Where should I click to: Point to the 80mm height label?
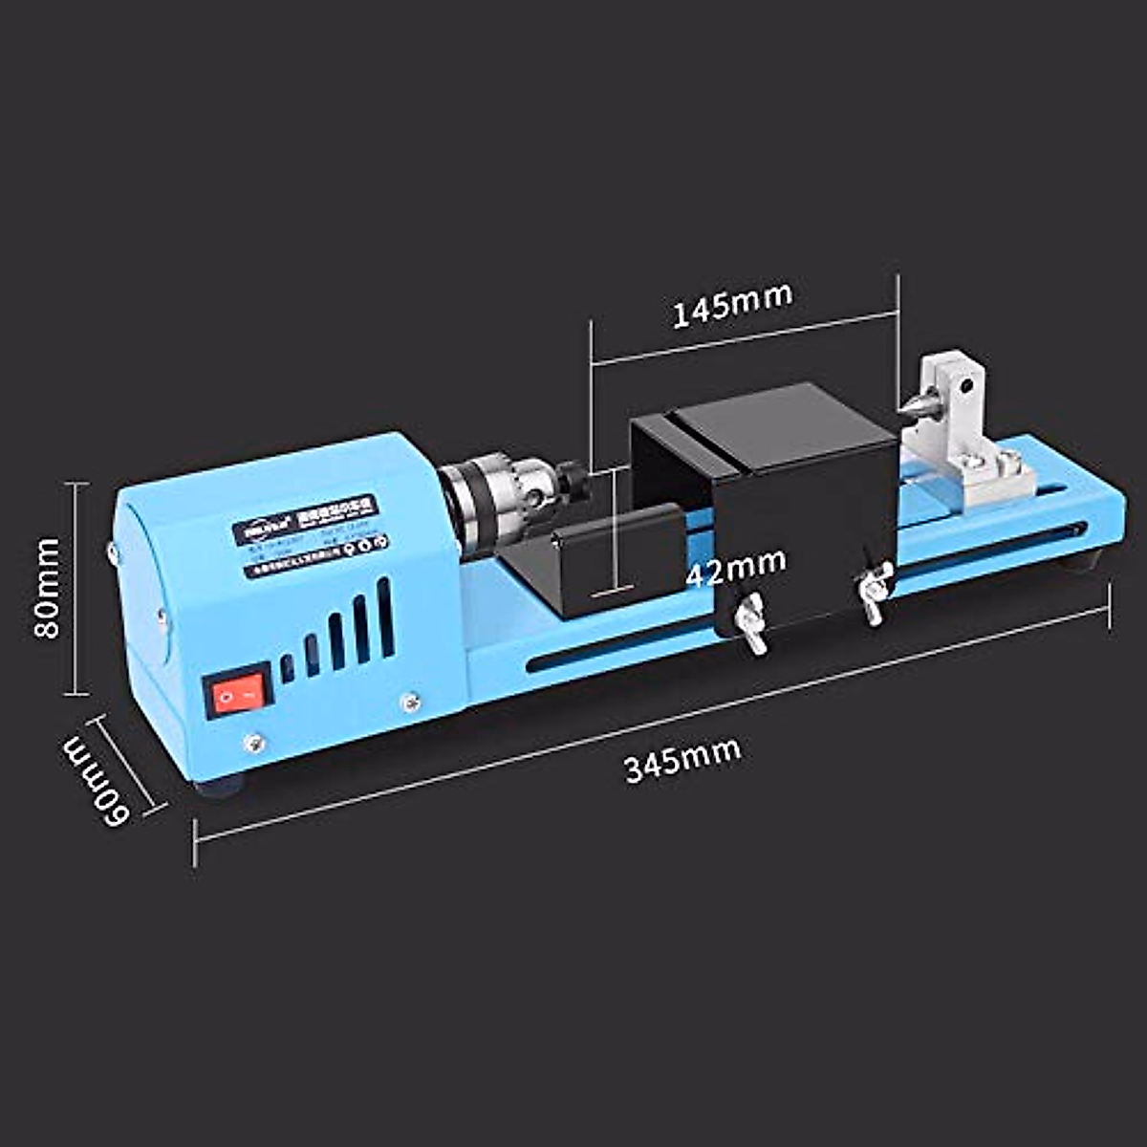46,588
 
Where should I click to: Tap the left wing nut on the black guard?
752,621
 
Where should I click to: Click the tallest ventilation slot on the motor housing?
385,616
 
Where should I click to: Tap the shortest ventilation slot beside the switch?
288,667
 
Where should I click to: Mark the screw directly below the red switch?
254,743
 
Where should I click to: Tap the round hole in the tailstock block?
967,388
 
